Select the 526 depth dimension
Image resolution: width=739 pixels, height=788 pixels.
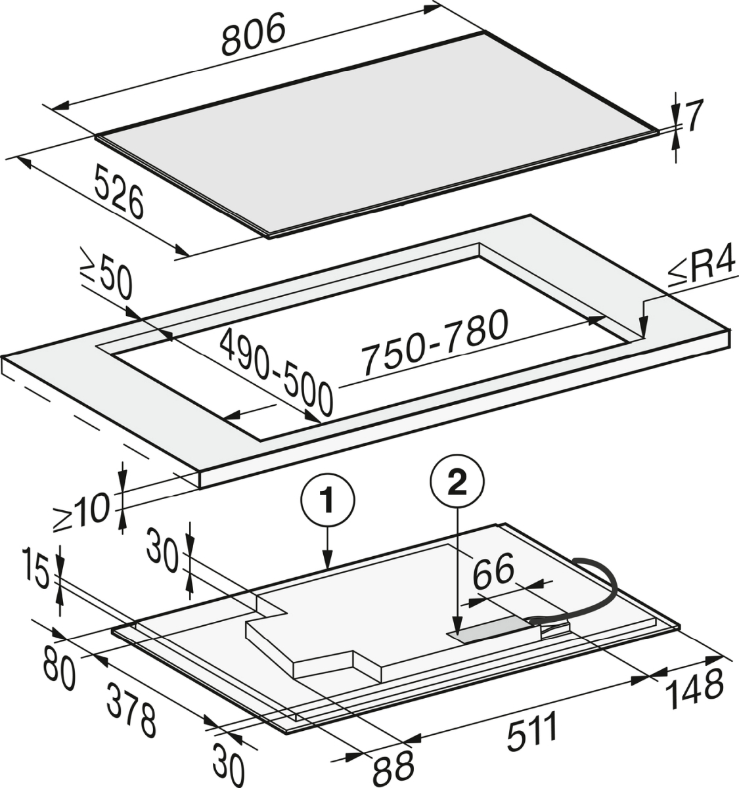(x=119, y=192)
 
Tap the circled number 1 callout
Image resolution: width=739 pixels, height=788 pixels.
(x=327, y=501)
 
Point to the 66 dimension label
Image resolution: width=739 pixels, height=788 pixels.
(x=493, y=571)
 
